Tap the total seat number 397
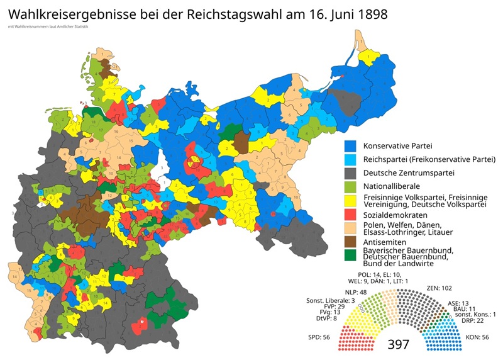click(399, 345)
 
